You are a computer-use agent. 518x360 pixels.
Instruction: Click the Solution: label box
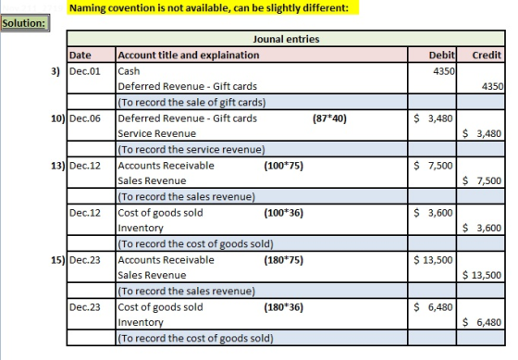point(25,23)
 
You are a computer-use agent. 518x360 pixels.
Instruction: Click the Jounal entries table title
point(286,39)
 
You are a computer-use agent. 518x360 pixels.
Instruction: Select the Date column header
point(80,55)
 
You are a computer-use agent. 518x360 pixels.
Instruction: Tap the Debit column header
point(442,55)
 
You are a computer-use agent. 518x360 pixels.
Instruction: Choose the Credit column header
point(487,55)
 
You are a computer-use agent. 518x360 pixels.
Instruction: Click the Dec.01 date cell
point(85,71)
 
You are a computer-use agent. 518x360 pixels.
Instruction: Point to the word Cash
point(129,71)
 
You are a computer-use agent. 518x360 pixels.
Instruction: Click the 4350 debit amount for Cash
point(444,71)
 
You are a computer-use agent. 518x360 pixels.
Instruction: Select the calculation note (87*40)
point(329,118)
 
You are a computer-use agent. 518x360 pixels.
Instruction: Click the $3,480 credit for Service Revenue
point(482,133)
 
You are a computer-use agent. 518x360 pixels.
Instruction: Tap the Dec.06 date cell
point(85,118)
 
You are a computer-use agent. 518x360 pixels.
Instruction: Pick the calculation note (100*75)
point(283,166)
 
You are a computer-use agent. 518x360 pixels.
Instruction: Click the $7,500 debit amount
point(433,166)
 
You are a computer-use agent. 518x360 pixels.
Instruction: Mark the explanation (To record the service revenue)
point(191,149)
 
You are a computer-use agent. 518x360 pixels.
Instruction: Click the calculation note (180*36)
point(283,307)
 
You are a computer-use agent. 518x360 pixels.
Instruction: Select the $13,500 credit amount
point(482,275)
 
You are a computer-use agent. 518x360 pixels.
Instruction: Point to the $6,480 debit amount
point(433,307)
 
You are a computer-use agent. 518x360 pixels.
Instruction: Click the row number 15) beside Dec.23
point(57,260)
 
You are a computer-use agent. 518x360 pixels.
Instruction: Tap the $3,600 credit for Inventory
point(482,228)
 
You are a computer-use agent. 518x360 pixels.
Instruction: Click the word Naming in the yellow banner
point(87,8)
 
